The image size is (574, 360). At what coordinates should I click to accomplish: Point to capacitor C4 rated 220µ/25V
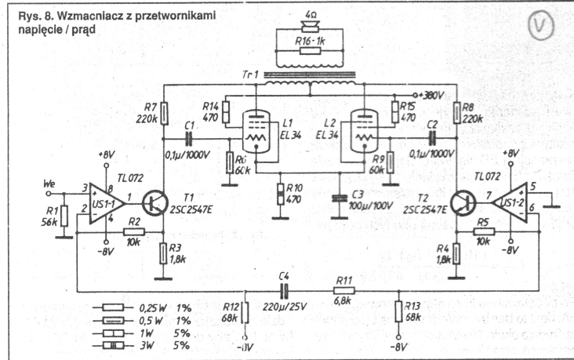click(x=283, y=289)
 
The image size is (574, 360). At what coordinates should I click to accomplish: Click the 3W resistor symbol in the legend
click(x=114, y=344)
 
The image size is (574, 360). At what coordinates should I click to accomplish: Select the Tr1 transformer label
click(x=250, y=75)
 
